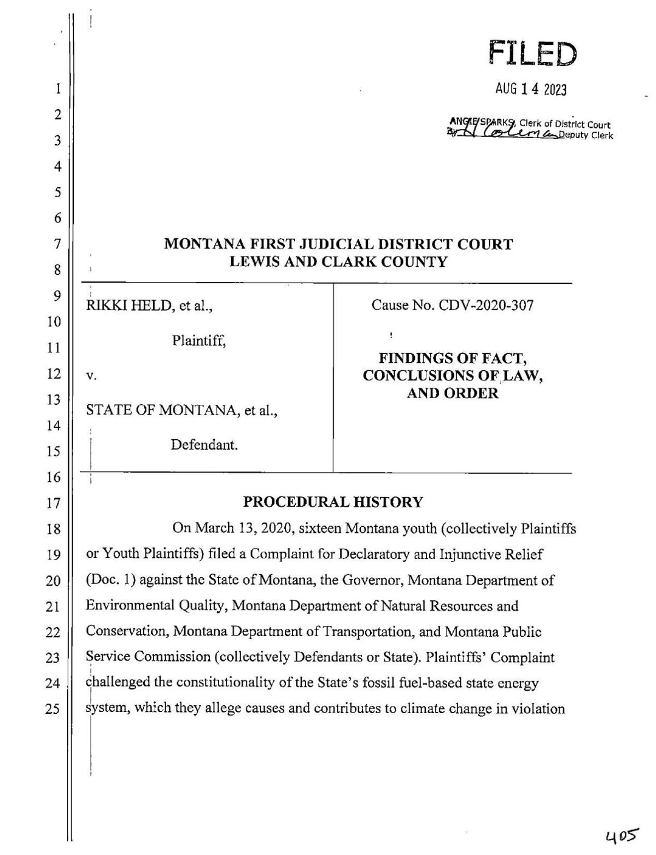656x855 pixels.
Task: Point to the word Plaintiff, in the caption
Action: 199,341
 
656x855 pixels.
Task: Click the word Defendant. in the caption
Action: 204,445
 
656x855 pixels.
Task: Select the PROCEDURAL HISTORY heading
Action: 332,502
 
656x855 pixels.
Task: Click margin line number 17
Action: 53,503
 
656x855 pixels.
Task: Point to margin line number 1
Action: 57,89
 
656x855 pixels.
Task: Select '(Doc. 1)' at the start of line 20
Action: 110,580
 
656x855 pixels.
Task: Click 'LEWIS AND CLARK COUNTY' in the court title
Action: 338,262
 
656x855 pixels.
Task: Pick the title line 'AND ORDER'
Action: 453,393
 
